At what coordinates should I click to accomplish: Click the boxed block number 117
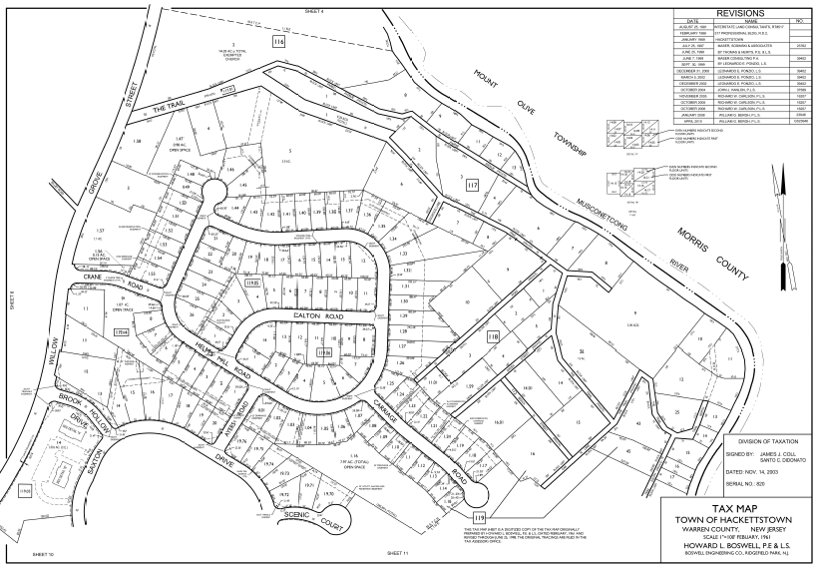(471, 185)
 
